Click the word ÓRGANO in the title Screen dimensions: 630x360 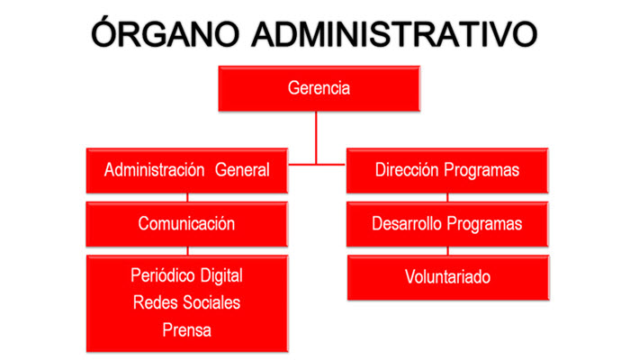165,32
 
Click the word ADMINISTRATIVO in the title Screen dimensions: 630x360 394,34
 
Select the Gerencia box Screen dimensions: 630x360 319,88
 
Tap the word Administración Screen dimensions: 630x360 154,170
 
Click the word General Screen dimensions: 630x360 242,170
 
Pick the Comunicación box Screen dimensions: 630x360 187,224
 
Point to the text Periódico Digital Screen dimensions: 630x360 187,276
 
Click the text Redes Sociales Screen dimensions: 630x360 187,302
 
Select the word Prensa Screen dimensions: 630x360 187,330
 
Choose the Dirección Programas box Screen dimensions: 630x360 447,171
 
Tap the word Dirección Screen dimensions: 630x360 407,169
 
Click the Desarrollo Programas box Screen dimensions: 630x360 447,224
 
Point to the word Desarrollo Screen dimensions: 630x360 408,224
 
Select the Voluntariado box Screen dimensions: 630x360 448,277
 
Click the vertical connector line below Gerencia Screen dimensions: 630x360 316,138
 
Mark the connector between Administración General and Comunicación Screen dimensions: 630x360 187,197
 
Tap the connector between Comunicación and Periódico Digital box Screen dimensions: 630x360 187,251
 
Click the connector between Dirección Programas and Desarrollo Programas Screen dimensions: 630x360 447,197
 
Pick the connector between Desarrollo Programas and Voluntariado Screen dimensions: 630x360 448,251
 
